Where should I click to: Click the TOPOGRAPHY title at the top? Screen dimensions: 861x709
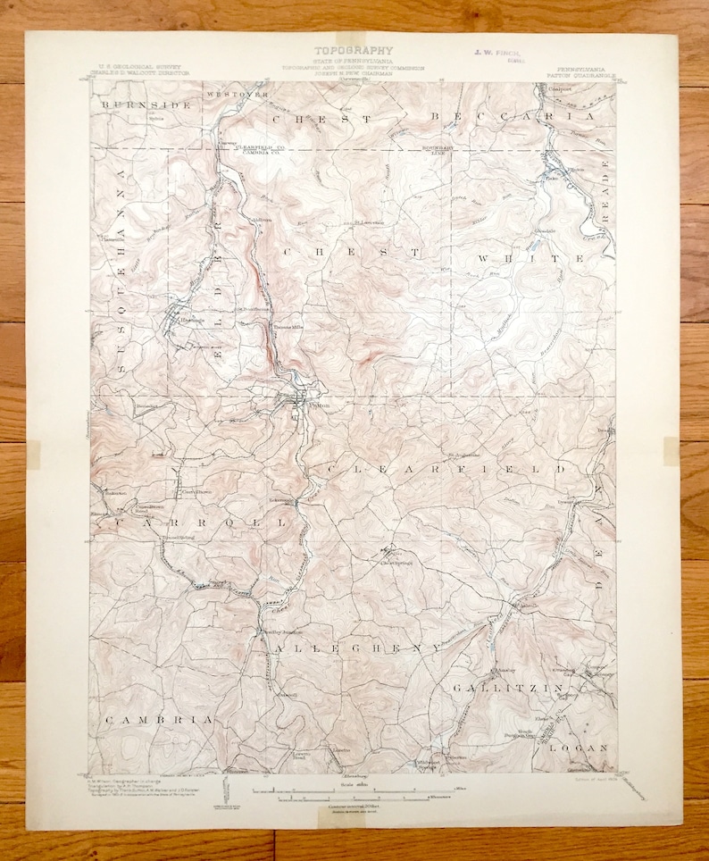354,52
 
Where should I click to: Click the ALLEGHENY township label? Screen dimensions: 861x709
358,646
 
